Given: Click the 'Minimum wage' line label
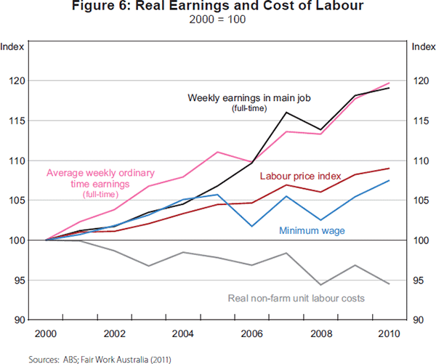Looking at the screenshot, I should click(312, 231).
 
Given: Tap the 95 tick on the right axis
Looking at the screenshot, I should click(421, 280).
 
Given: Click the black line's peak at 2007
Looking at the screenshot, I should click(286, 113).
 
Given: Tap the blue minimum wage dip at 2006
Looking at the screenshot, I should click(252, 226).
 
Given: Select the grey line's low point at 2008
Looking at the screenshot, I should click(320, 285).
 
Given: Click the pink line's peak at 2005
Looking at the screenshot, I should click(218, 152).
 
